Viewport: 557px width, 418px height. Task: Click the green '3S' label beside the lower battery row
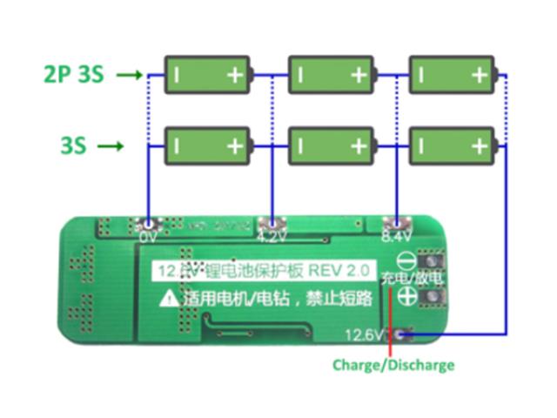[73, 145]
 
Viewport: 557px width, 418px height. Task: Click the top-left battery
[209, 75]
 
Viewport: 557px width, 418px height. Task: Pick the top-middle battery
[331, 75]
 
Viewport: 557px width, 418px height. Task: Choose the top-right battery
[452, 75]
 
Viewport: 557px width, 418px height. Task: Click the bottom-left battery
[209, 145]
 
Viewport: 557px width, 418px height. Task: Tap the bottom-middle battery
[331, 145]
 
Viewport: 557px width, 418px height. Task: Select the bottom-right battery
[452, 145]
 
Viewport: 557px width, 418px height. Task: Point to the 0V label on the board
[148, 236]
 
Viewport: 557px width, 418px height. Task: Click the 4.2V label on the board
[272, 236]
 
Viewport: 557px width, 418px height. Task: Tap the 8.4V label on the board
[396, 236]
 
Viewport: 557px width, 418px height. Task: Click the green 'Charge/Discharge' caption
[393, 365]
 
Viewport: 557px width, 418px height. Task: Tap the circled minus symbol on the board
[406, 260]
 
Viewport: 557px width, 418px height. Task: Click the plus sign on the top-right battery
[479, 76]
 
